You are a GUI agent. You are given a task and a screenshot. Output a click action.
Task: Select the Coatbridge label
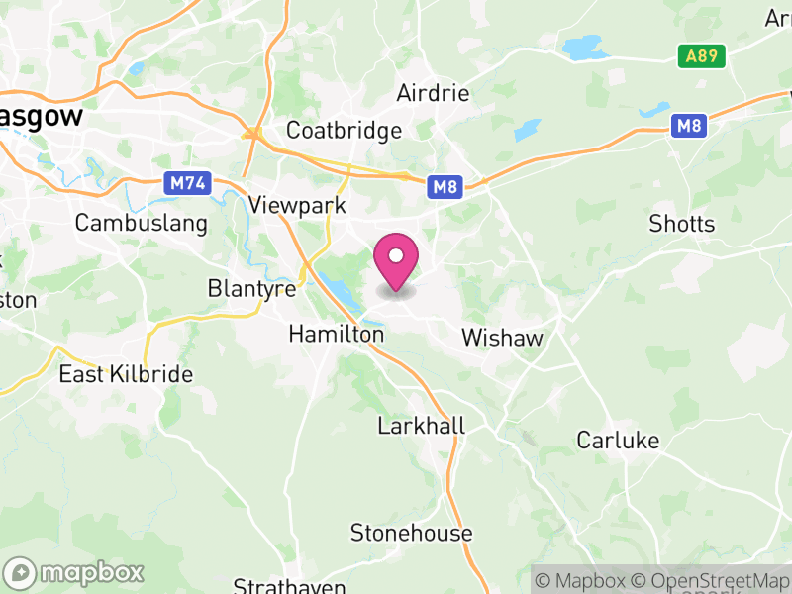[x=344, y=131]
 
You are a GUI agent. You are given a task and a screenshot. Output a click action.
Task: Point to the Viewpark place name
[x=297, y=206]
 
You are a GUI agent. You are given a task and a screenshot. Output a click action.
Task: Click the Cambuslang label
[x=142, y=223]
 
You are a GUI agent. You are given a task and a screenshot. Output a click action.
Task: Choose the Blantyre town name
[x=251, y=289]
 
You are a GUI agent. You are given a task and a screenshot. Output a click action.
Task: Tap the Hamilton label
[x=336, y=336]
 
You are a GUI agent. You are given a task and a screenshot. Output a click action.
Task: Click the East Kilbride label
[x=126, y=374]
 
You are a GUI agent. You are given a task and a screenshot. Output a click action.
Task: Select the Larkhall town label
[x=421, y=427]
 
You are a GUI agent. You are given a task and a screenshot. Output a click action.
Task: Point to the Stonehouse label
[x=411, y=534]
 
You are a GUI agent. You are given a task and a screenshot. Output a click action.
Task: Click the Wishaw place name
[x=503, y=339]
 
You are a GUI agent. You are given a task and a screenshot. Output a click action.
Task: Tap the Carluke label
[x=618, y=441]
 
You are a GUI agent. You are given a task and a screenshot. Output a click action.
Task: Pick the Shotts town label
[x=681, y=224]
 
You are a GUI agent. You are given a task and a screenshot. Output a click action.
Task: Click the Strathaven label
[x=289, y=586]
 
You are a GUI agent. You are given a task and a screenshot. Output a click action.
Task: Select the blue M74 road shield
[x=183, y=183]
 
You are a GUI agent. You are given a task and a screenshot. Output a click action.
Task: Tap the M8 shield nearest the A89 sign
[x=689, y=126]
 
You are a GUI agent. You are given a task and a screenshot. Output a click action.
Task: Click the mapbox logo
[x=74, y=572]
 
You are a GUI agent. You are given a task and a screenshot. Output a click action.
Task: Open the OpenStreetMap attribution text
[x=712, y=580]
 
